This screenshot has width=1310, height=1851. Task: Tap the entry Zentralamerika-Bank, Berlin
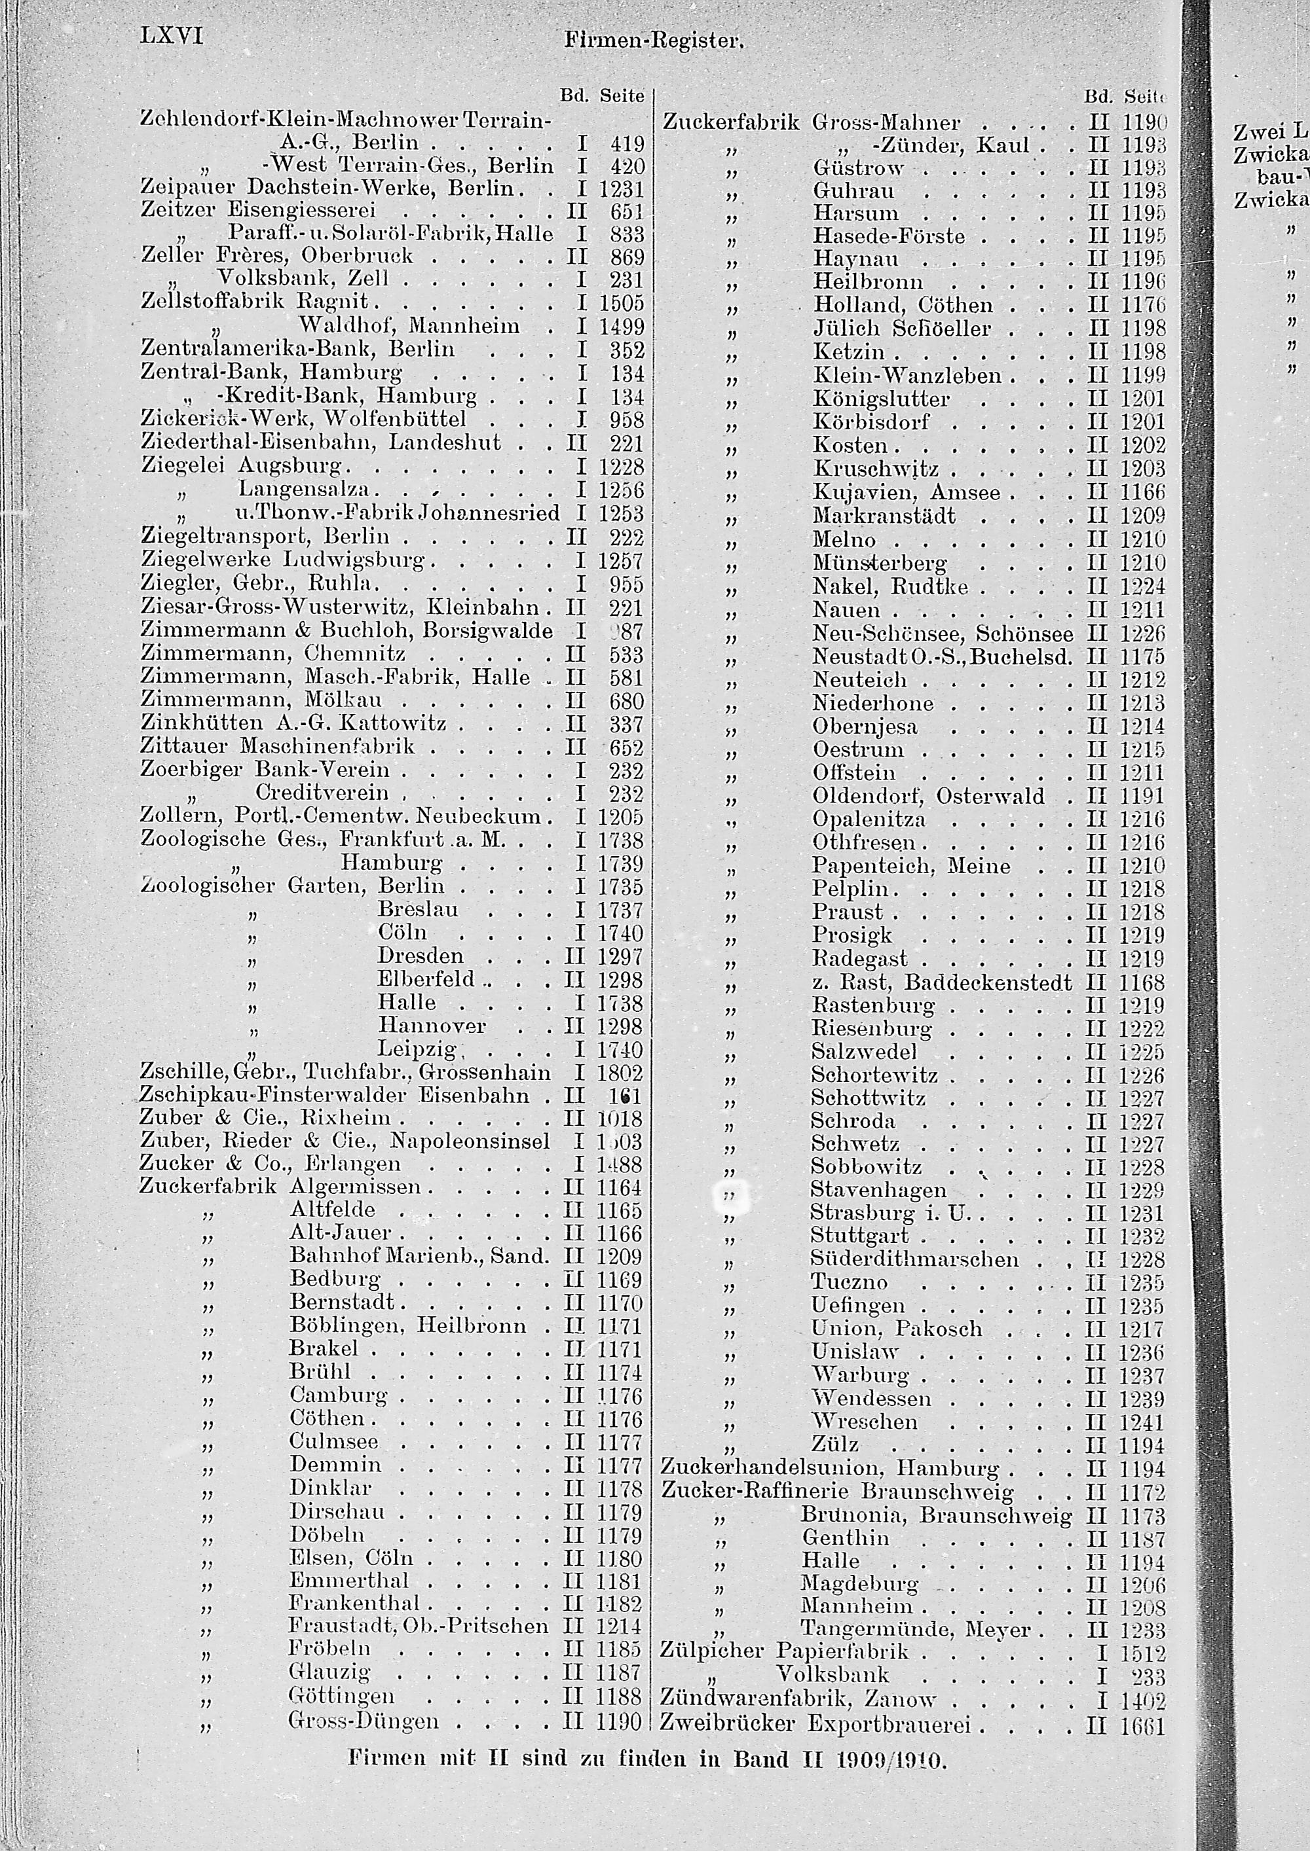coord(297,349)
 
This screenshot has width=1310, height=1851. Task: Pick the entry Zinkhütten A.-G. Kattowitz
coord(293,723)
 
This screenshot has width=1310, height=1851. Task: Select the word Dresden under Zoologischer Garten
coord(421,956)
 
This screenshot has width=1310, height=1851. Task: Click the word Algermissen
coord(355,1187)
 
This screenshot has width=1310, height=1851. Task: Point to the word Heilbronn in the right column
coord(868,282)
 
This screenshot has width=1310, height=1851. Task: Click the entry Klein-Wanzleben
coord(907,376)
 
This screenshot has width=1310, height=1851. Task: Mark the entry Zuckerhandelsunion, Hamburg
coord(829,1468)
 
